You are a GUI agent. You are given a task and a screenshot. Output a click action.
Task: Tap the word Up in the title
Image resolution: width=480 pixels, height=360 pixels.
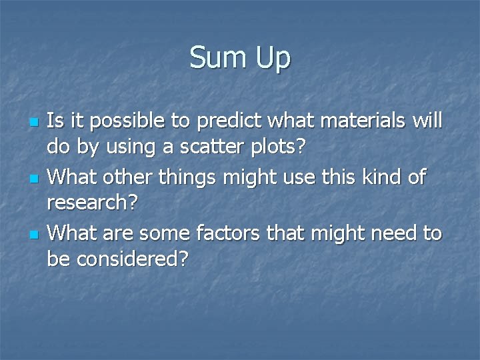[x=273, y=59]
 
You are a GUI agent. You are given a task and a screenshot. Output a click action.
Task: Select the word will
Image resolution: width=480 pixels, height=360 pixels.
[x=428, y=121]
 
